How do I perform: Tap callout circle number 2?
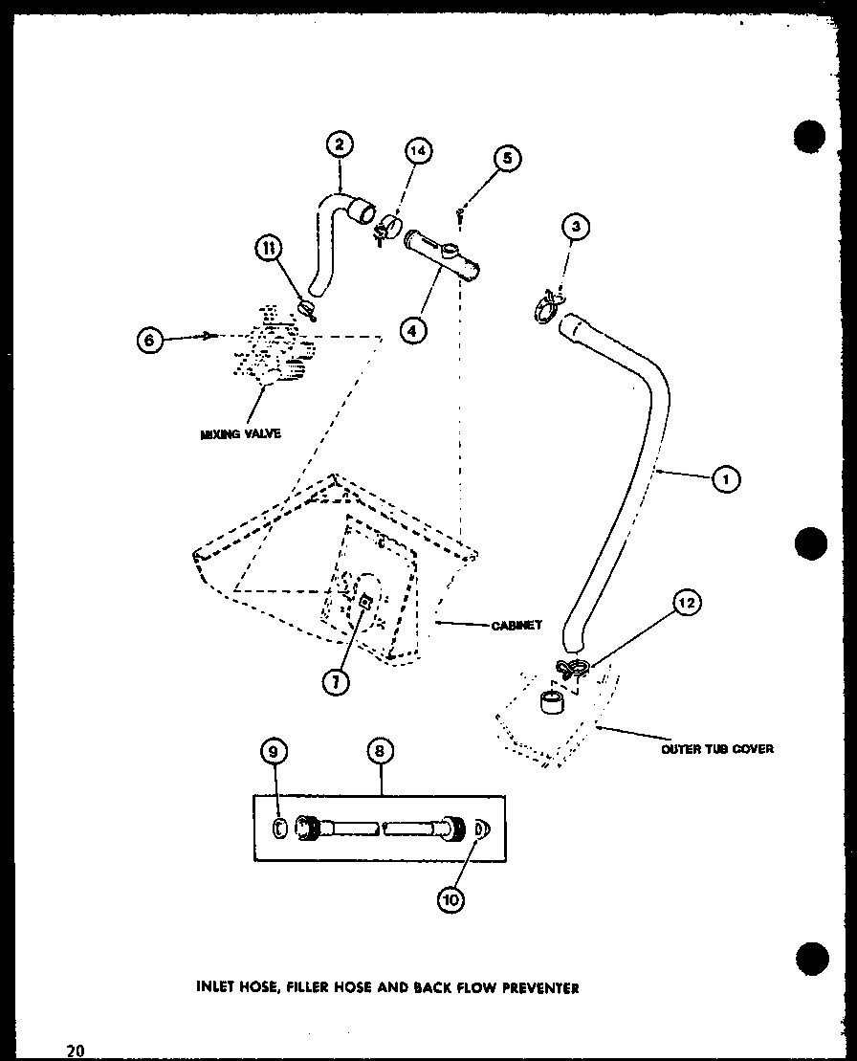339,145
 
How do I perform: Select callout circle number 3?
575,227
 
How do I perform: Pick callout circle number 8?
379,752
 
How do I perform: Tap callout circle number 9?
273,752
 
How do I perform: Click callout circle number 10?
451,899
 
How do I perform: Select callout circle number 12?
687,603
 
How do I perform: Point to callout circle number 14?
418,151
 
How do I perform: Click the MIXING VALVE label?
240,433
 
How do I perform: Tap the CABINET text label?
516,625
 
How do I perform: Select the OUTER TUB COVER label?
716,748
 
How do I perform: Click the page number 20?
76,1050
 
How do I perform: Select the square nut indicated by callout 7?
365,601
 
